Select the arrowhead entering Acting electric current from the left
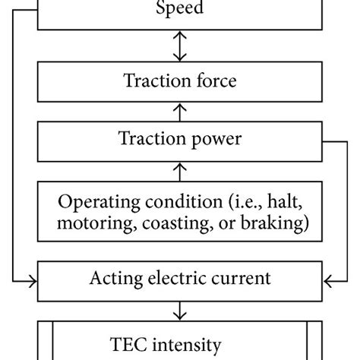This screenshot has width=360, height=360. coord(33,281)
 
